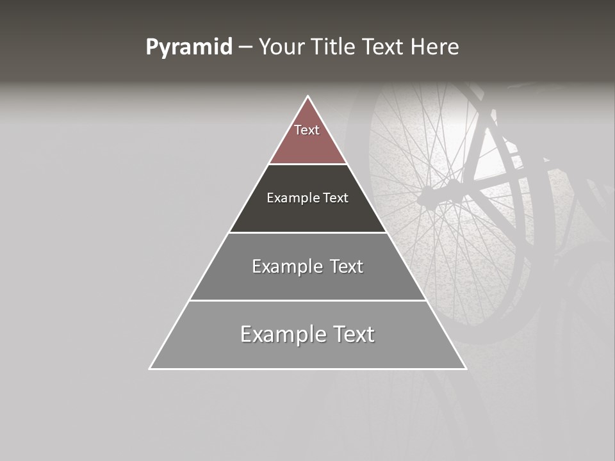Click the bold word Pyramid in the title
click(x=188, y=47)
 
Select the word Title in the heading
click(x=334, y=47)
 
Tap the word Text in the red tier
click(x=307, y=130)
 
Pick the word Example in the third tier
click(x=285, y=266)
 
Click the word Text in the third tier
click(x=347, y=266)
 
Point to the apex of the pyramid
click(x=308, y=96)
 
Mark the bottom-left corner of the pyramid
click(x=150, y=369)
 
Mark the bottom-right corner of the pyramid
click(x=466, y=369)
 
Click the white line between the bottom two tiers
click(x=307, y=300)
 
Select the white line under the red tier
click(x=308, y=164)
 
